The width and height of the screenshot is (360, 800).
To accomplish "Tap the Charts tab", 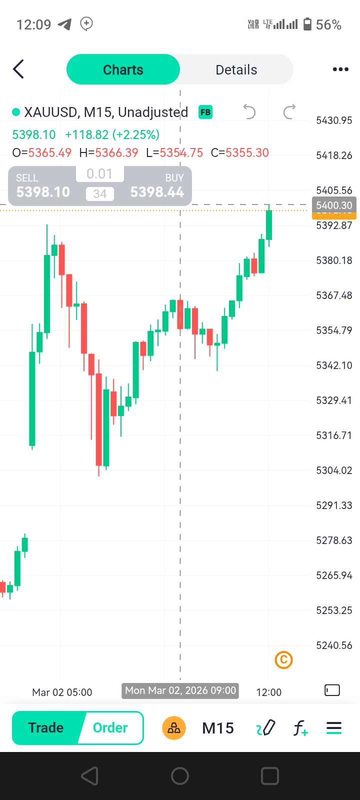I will point(123,69).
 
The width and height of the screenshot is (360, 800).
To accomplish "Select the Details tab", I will point(236,69).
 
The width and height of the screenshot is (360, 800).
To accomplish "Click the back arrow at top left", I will point(18,69).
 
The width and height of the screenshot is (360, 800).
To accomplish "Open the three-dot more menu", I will point(340,69).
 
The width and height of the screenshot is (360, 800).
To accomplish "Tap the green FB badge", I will point(205,112).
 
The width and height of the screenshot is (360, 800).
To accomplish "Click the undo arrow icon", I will point(249,112).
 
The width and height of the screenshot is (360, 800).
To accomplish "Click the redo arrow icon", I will point(289,112).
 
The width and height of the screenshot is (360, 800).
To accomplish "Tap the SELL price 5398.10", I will point(43,191).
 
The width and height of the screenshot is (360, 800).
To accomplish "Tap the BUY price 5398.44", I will point(157,191).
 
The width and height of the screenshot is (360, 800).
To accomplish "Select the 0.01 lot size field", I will point(99,174).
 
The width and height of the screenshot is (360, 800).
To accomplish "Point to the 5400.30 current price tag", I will point(334,205).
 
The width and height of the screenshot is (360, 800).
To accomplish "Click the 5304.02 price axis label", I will point(334,470).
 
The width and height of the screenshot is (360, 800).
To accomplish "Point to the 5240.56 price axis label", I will point(334,645).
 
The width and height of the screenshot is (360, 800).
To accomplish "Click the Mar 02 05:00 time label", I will point(62,692).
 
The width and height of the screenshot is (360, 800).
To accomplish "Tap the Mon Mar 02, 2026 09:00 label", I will point(180,690).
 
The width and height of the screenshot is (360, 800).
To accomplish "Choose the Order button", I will point(110,727).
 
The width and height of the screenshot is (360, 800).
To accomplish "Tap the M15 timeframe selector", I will point(218,728).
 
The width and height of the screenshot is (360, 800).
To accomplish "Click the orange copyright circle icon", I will point(283,660).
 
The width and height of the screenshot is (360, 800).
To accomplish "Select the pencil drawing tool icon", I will point(266,728).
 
